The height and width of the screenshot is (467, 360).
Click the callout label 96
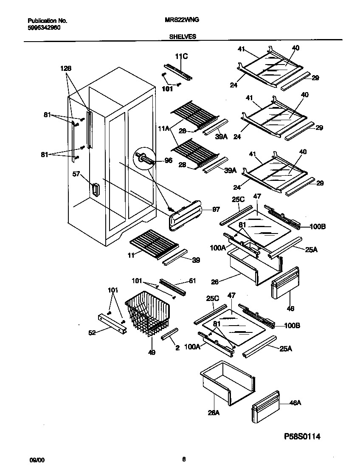[169, 161]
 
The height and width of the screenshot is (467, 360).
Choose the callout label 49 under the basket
[151, 352]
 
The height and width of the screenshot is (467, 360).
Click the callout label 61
[192, 281]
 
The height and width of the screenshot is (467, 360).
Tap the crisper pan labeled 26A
[227, 382]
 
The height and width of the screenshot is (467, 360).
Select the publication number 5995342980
[44, 26]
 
